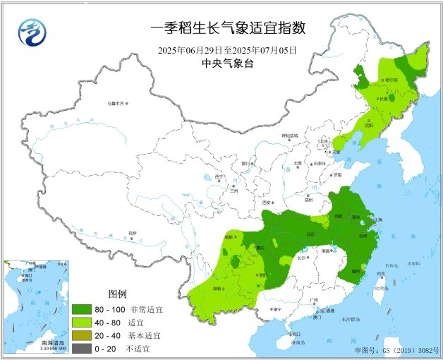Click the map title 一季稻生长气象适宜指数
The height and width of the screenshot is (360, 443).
pyautogui.click(x=228, y=29)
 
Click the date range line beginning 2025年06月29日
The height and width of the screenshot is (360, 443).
pyautogui.click(x=228, y=50)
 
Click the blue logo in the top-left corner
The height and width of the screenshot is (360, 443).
pyautogui.click(x=32, y=32)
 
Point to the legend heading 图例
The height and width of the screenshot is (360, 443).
pyautogui.click(x=117, y=294)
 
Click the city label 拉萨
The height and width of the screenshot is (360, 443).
pyautogui.click(x=132, y=232)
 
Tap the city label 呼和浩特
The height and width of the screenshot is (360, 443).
pyautogui.click(x=290, y=135)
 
